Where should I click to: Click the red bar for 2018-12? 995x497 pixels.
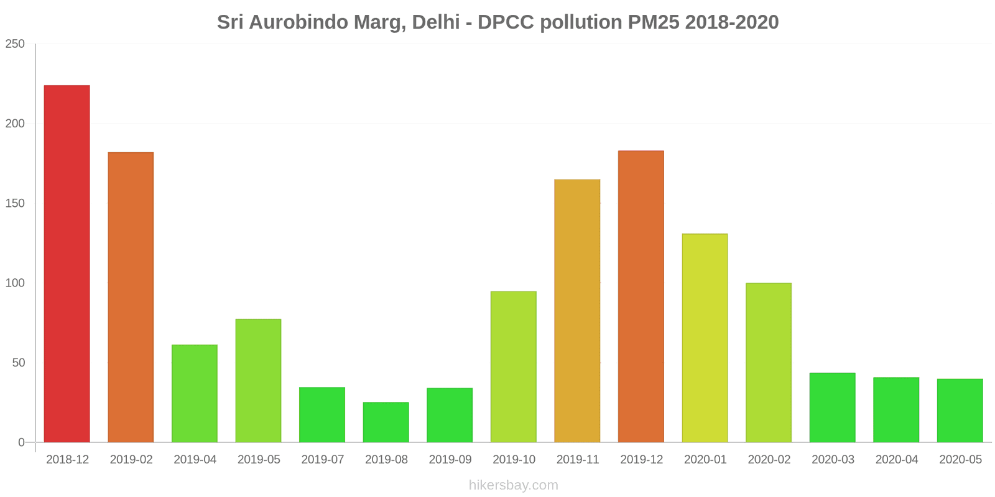pyautogui.click(x=67, y=263)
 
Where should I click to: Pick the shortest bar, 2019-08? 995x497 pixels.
pyautogui.click(x=386, y=422)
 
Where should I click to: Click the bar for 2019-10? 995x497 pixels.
pyautogui.click(x=514, y=367)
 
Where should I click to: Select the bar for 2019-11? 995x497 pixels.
pyautogui.click(x=577, y=311)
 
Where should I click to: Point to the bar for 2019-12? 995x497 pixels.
pyautogui.click(x=641, y=296)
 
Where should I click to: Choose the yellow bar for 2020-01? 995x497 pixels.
pyautogui.click(x=705, y=338)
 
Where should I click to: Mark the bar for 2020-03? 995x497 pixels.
pyautogui.click(x=832, y=408)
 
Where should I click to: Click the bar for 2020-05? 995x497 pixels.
pyautogui.click(x=960, y=411)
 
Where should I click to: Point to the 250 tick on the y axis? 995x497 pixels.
pyautogui.click(x=15, y=44)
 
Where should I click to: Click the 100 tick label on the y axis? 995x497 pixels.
pyautogui.click(x=15, y=283)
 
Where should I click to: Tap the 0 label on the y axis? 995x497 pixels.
pyautogui.click(x=21, y=442)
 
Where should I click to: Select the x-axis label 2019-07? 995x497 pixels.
pyautogui.click(x=322, y=460)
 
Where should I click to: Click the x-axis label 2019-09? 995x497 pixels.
pyautogui.click(x=450, y=460)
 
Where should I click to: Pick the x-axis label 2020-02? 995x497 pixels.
pyautogui.click(x=769, y=460)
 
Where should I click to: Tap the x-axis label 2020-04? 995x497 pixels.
pyautogui.click(x=897, y=460)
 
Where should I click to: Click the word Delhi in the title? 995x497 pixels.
pyautogui.click(x=435, y=22)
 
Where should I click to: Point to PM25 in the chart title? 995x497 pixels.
pyautogui.click(x=654, y=22)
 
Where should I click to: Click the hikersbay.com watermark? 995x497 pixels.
pyautogui.click(x=514, y=485)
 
